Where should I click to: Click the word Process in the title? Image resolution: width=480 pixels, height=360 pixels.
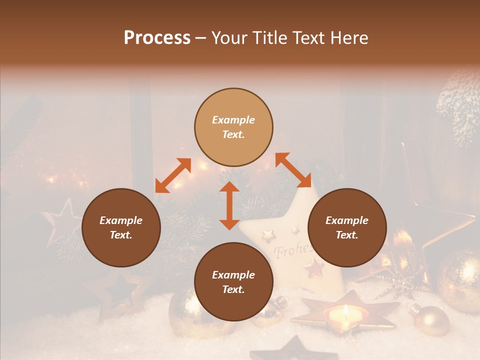click(x=157, y=38)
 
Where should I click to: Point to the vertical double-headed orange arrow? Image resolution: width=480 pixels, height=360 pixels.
click(x=229, y=205)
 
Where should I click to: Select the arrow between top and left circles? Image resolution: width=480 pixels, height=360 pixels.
click(x=173, y=175)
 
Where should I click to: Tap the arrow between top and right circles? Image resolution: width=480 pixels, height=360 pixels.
click(x=293, y=170)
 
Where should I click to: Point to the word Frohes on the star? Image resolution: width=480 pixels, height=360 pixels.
click(x=292, y=248)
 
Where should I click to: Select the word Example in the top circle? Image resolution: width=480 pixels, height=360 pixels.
click(x=233, y=120)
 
